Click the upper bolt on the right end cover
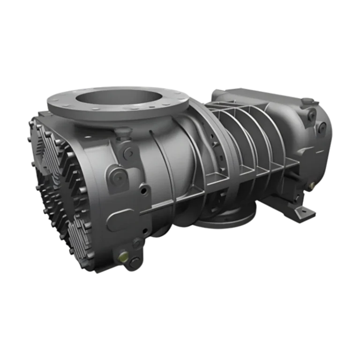tap(311, 115)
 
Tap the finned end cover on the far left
tap(56, 187)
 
